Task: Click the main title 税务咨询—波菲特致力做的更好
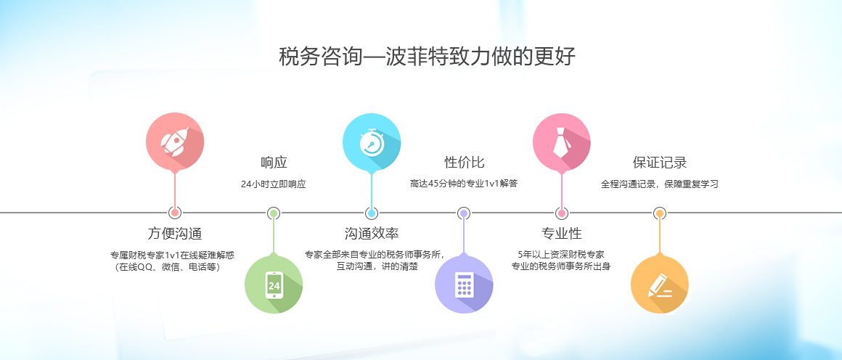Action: tap(427, 57)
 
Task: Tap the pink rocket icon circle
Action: tap(175, 142)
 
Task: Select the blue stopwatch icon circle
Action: tap(372, 142)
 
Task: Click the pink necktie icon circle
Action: tap(562, 142)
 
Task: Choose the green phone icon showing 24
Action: tap(274, 285)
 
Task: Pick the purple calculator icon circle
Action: tap(463, 285)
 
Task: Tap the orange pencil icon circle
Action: tap(659, 285)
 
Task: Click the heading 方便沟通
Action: tap(174, 233)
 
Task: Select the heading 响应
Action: tap(274, 163)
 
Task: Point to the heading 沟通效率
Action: tap(372, 233)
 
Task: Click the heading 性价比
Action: tap(464, 163)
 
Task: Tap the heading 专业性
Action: tap(562, 233)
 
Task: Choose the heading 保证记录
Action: tap(660, 163)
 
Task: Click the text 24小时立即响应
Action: tap(274, 184)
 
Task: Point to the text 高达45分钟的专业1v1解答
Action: tap(464, 184)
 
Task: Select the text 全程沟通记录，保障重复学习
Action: tap(659, 184)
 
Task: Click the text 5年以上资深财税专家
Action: tap(561, 255)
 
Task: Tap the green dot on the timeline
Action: tap(274, 213)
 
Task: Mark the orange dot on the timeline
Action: tap(659, 213)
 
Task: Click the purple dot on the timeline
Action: tap(464, 213)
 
